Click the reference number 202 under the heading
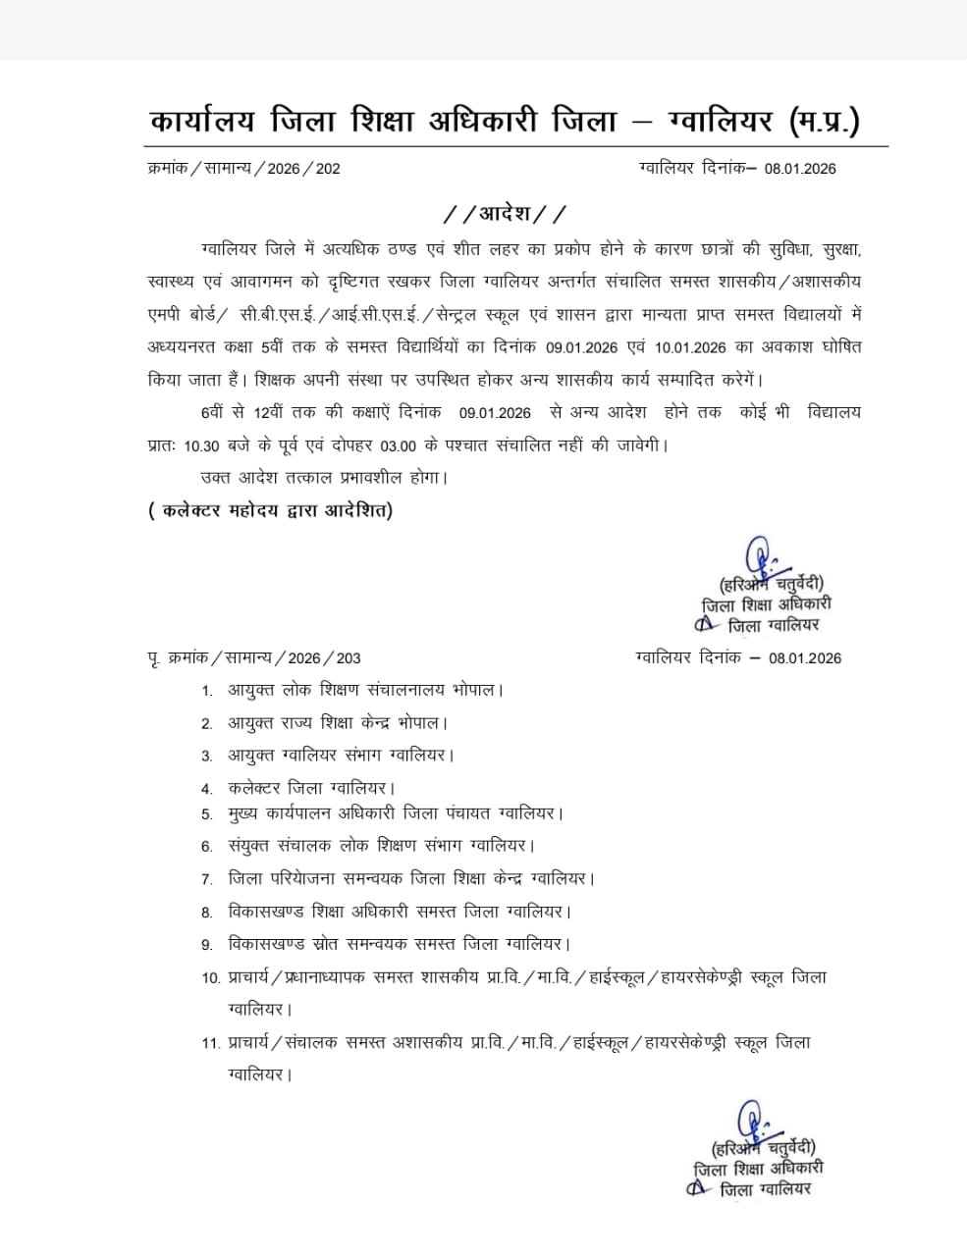(x=328, y=168)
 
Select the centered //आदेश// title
(x=506, y=213)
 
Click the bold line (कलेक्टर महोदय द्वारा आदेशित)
(x=270, y=510)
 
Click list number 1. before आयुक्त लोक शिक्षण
(x=207, y=691)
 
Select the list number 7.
(x=207, y=879)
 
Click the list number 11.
(x=210, y=1042)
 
